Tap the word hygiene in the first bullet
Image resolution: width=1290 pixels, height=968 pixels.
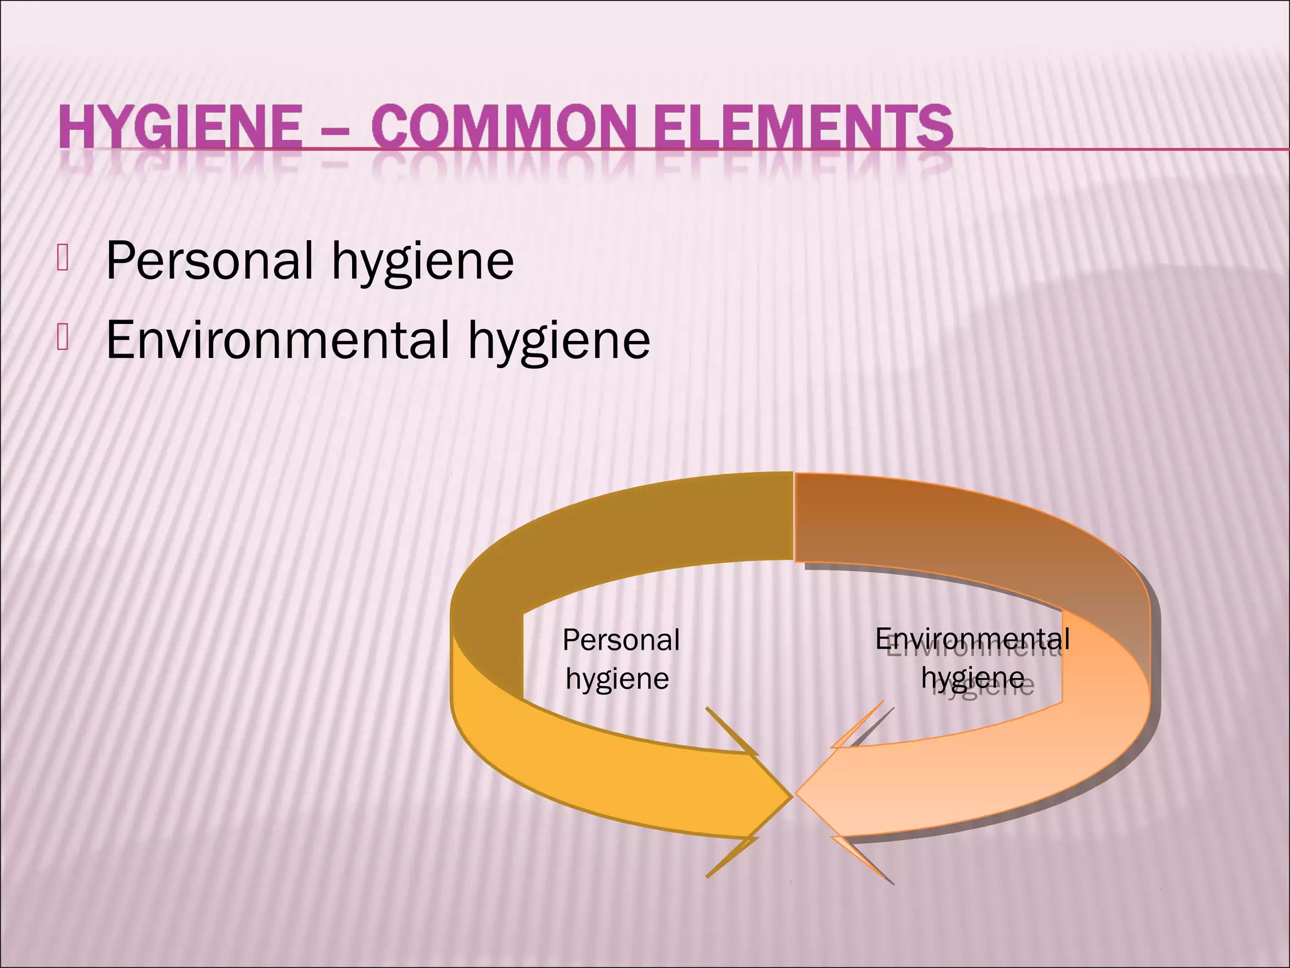(423, 262)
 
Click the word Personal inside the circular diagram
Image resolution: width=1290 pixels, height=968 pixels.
(621, 640)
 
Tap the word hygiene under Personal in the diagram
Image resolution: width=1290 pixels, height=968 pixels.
(617, 679)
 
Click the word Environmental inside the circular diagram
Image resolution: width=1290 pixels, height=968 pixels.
(972, 639)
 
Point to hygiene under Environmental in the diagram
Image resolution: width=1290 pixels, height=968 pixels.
(973, 678)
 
